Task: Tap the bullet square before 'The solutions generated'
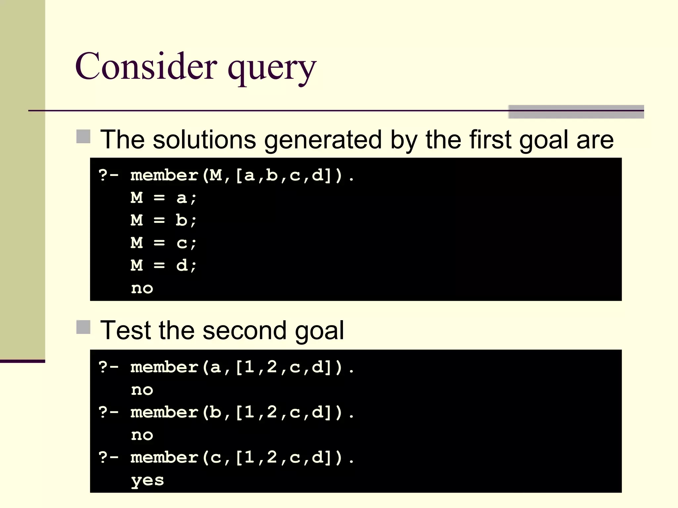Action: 83,137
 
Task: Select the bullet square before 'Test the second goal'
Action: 83,327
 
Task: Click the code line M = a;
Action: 164,198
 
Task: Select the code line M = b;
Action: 164,220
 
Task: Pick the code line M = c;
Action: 164,243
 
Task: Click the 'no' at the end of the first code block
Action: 142,288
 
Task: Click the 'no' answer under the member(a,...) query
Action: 142,390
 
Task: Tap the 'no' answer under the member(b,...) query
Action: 142,435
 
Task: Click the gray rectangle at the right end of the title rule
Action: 576,112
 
